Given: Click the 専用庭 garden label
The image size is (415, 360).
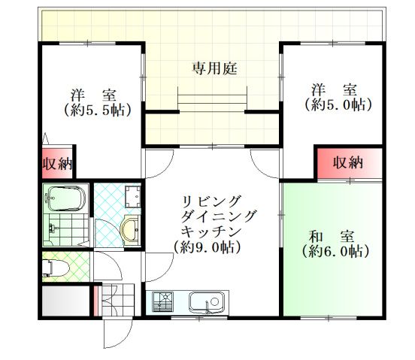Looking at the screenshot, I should click(214, 68).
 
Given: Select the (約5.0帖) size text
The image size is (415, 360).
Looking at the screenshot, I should click(338, 105).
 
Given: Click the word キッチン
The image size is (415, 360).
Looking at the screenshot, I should click(214, 231).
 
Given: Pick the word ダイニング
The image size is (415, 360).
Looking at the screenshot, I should click(219, 216).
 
